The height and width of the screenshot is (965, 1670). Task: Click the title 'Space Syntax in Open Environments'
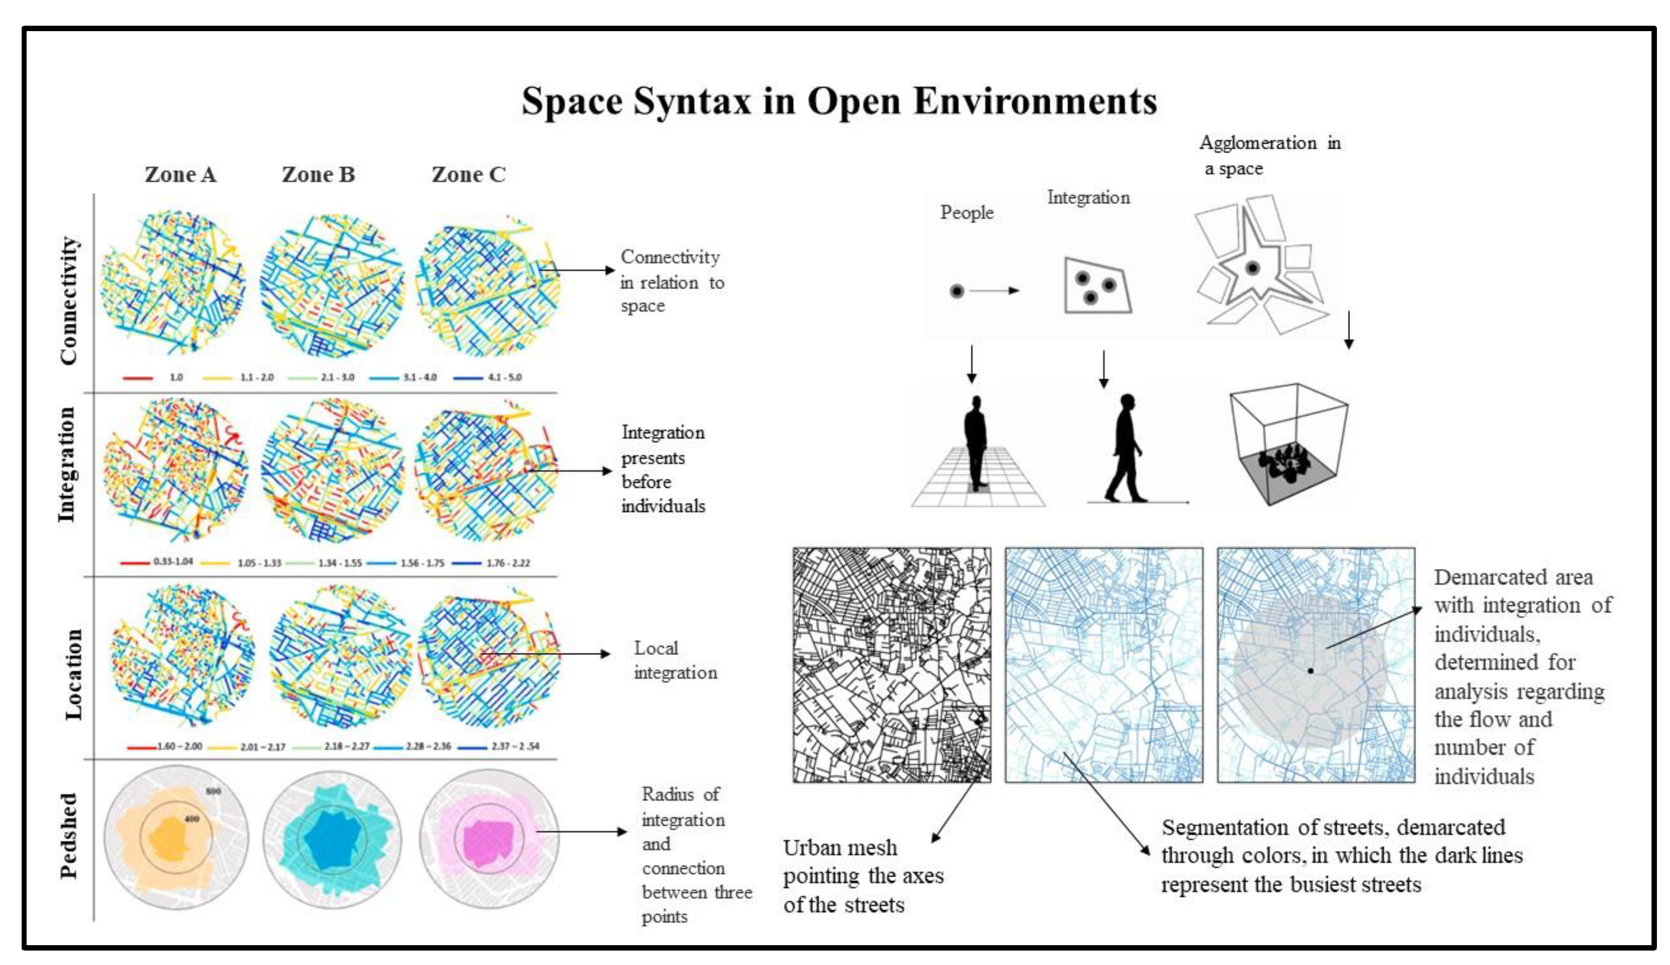pyautogui.click(x=839, y=102)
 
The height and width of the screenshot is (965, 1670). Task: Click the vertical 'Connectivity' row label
pyautogui.click(x=69, y=300)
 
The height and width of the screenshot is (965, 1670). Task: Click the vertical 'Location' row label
pyautogui.click(x=73, y=674)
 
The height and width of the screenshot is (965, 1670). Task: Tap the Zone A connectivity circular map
pyautogui.click(x=174, y=283)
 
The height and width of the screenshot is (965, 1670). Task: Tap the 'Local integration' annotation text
pyautogui.click(x=674, y=660)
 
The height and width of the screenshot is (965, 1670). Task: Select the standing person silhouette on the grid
pyautogui.click(x=975, y=443)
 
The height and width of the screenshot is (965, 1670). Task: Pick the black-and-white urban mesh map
pyautogui.click(x=892, y=665)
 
